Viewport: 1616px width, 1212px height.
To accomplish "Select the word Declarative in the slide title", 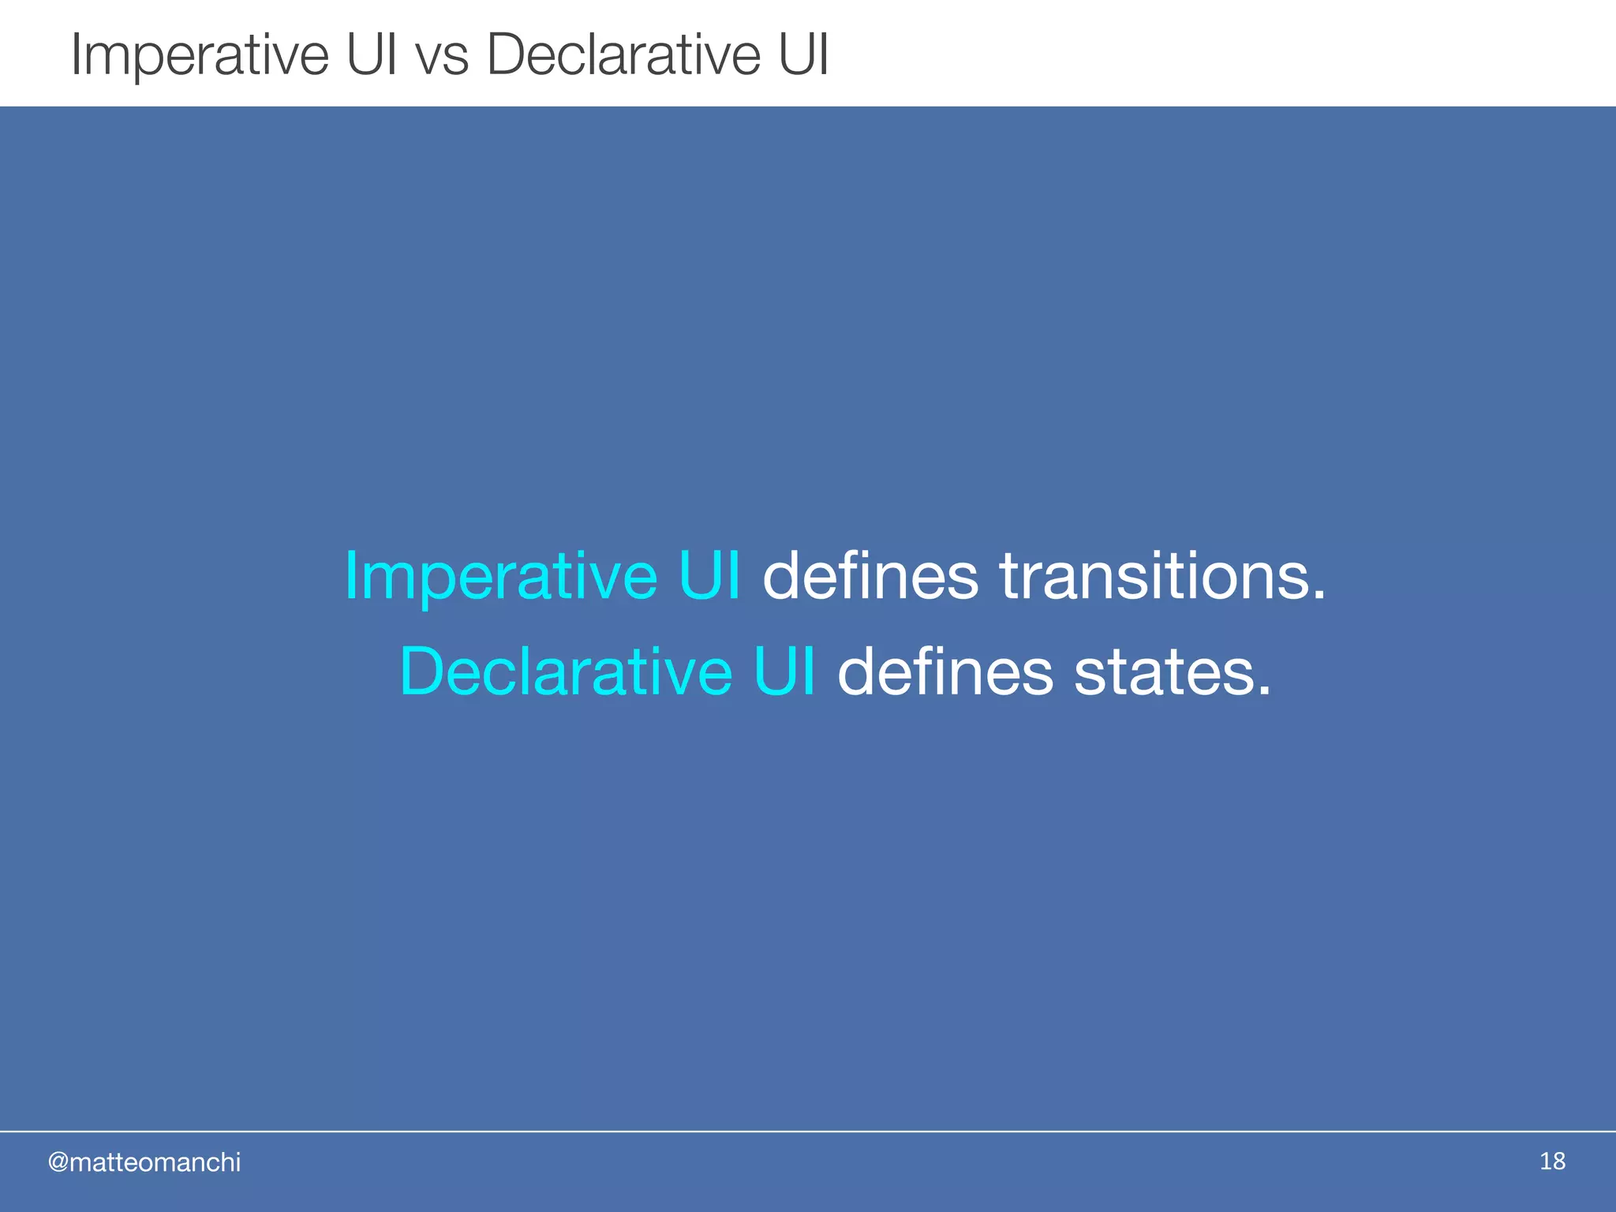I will coord(623,55).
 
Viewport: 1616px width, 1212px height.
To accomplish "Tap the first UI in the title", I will coord(372,55).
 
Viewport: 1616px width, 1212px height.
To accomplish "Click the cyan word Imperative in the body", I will coord(500,577).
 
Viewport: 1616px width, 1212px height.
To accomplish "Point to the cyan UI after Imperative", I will coord(709,575).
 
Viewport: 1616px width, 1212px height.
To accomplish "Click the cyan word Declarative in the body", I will coord(566,671).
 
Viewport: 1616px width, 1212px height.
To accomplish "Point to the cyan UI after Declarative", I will coord(784,671).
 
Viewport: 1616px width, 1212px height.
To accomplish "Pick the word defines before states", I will coord(945,671).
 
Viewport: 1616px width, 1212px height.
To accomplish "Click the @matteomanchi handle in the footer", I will coord(144,1162).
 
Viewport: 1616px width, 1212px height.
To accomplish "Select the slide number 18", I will coord(1552,1161).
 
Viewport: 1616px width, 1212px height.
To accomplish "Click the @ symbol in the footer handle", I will coord(58,1162).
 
